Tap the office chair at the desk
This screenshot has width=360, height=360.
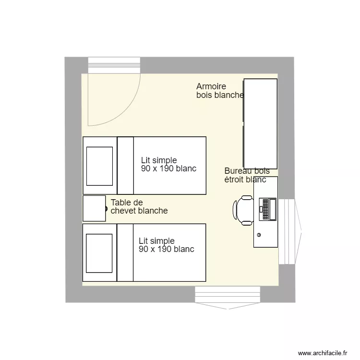(243, 210)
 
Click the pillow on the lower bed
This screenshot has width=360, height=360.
(99, 252)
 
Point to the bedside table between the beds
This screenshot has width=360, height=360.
(94, 208)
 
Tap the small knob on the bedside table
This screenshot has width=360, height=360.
(106, 208)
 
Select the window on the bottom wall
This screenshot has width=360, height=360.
(228, 294)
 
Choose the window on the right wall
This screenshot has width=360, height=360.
(288, 232)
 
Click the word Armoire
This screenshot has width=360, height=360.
(211, 86)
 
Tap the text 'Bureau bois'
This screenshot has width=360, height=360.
(247, 171)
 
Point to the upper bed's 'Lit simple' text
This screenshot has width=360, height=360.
(159, 160)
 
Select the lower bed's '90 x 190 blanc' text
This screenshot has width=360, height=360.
(167, 249)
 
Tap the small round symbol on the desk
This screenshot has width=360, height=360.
(259, 235)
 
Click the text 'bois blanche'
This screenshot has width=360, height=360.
(220, 95)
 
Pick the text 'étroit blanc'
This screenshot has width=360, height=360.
(245, 180)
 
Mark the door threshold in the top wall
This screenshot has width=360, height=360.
(114, 65)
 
